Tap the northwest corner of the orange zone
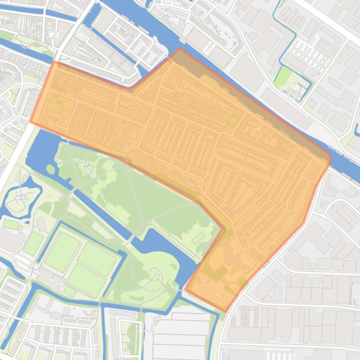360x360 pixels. [53, 61]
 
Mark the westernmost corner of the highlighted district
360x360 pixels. [31, 122]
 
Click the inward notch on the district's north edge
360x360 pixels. [130, 87]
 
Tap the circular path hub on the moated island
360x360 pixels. [22, 197]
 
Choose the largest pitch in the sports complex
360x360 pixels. [62, 252]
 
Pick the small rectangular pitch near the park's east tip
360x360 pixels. [198, 238]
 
